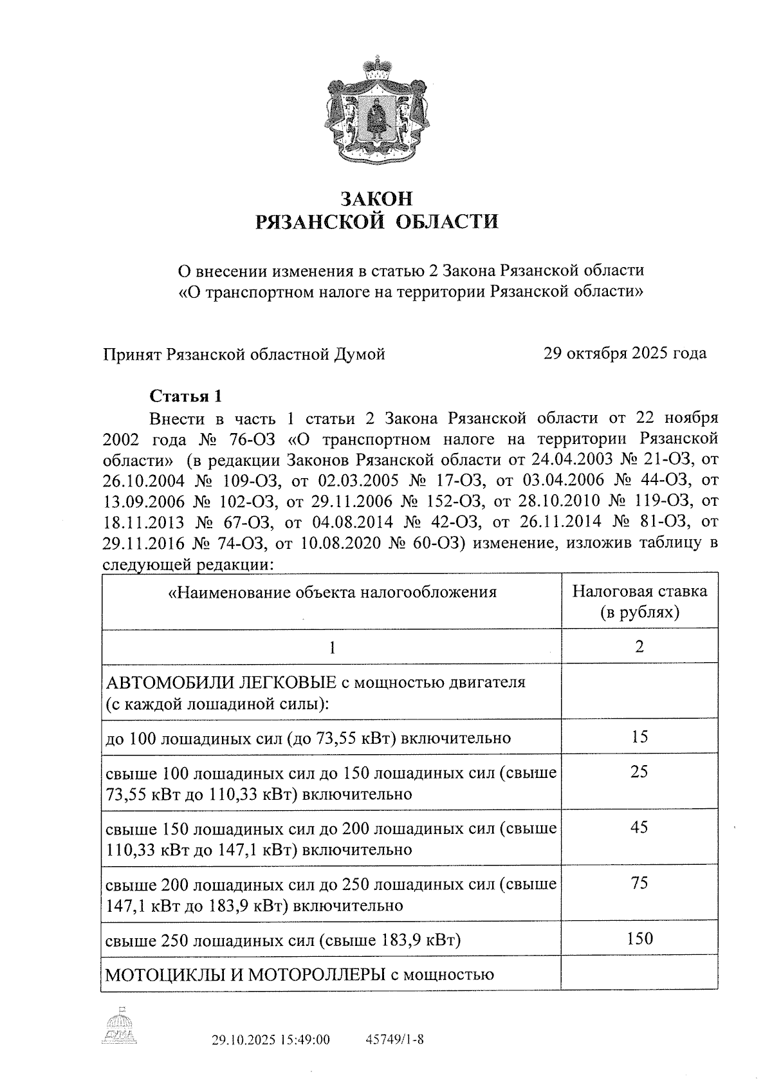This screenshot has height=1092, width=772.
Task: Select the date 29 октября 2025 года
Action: click(x=625, y=353)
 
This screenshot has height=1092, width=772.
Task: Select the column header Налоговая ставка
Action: click(x=639, y=591)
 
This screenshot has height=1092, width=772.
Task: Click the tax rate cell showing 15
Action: click(x=639, y=737)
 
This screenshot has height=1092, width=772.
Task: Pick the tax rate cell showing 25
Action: click(x=639, y=772)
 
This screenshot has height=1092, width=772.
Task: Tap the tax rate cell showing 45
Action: click(x=639, y=827)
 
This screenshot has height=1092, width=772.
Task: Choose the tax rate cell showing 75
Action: click(x=639, y=883)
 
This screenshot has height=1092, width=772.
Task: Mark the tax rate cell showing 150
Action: click(x=639, y=938)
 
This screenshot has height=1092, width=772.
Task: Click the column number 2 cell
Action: click(x=639, y=647)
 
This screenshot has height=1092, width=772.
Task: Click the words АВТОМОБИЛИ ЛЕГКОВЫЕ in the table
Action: click(x=221, y=682)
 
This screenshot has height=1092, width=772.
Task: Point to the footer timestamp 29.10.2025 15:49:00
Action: click(x=271, y=1040)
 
